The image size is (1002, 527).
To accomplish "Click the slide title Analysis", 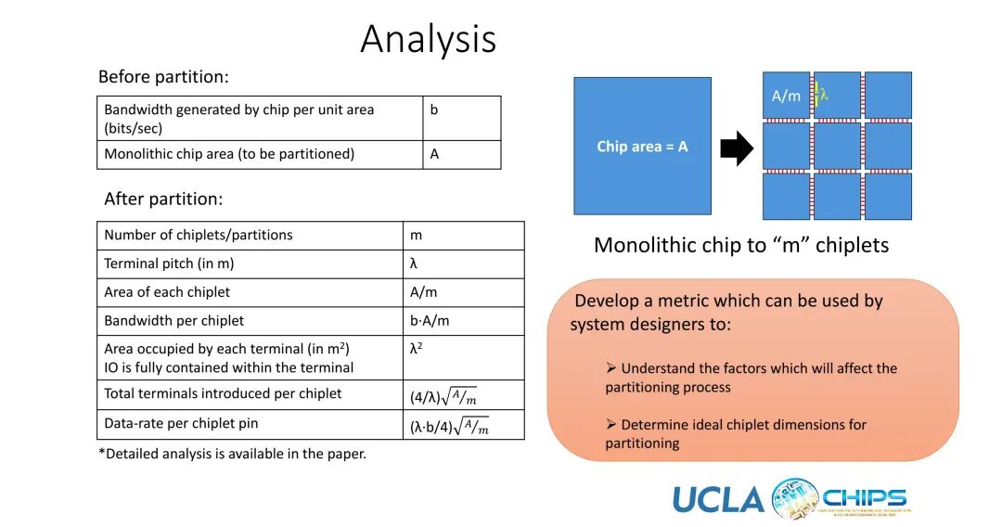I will [428, 39].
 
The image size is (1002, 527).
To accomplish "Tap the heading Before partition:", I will [163, 77].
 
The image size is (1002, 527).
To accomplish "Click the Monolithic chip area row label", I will [229, 154].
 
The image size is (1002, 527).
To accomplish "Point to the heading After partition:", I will [163, 199].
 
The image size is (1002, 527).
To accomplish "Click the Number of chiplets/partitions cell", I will [199, 235].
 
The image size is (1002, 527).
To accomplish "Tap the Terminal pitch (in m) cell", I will [169, 263].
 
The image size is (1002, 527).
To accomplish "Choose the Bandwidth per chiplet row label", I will [174, 320].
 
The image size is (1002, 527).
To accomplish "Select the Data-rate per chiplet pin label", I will [181, 423].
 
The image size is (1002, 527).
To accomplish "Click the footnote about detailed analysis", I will [232, 454].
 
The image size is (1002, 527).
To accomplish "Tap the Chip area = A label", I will [642, 147].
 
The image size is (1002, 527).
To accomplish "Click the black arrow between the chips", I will [737, 148].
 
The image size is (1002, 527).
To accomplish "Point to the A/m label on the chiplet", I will [786, 96].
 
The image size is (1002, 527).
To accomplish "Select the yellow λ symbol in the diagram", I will [821, 94].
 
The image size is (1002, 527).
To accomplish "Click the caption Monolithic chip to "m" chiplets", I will [740, 245].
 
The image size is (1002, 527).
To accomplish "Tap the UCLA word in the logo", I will [718, 499].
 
